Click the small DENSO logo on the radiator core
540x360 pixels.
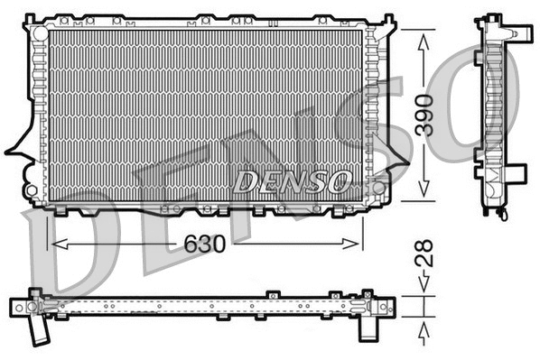tap(292, 181)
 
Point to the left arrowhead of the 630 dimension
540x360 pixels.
tap(54, 243)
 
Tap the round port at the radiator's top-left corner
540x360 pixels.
tap(38, 30)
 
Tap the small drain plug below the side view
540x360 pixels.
tap(499, 213)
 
